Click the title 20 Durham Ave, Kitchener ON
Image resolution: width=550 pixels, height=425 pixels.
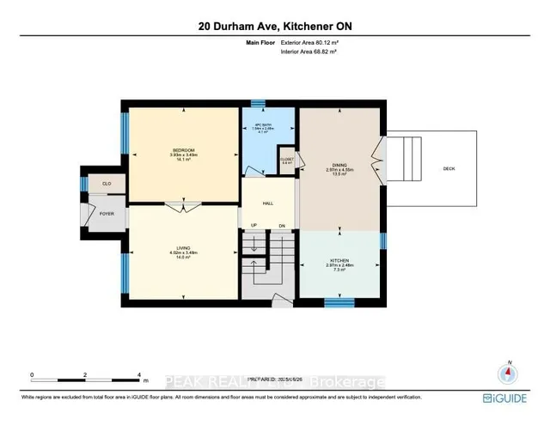(x=275, y=27)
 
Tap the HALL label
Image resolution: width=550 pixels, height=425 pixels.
(x=268, y=203)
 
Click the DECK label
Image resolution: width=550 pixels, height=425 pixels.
(x=449, y=169)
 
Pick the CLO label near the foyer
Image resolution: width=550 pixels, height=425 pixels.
(x=107, y=184)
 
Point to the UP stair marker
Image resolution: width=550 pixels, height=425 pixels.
(x=254, y=227)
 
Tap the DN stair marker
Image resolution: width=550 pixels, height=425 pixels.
(x=281, y=227)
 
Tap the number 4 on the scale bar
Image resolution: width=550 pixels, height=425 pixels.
(x=139, y=375)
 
